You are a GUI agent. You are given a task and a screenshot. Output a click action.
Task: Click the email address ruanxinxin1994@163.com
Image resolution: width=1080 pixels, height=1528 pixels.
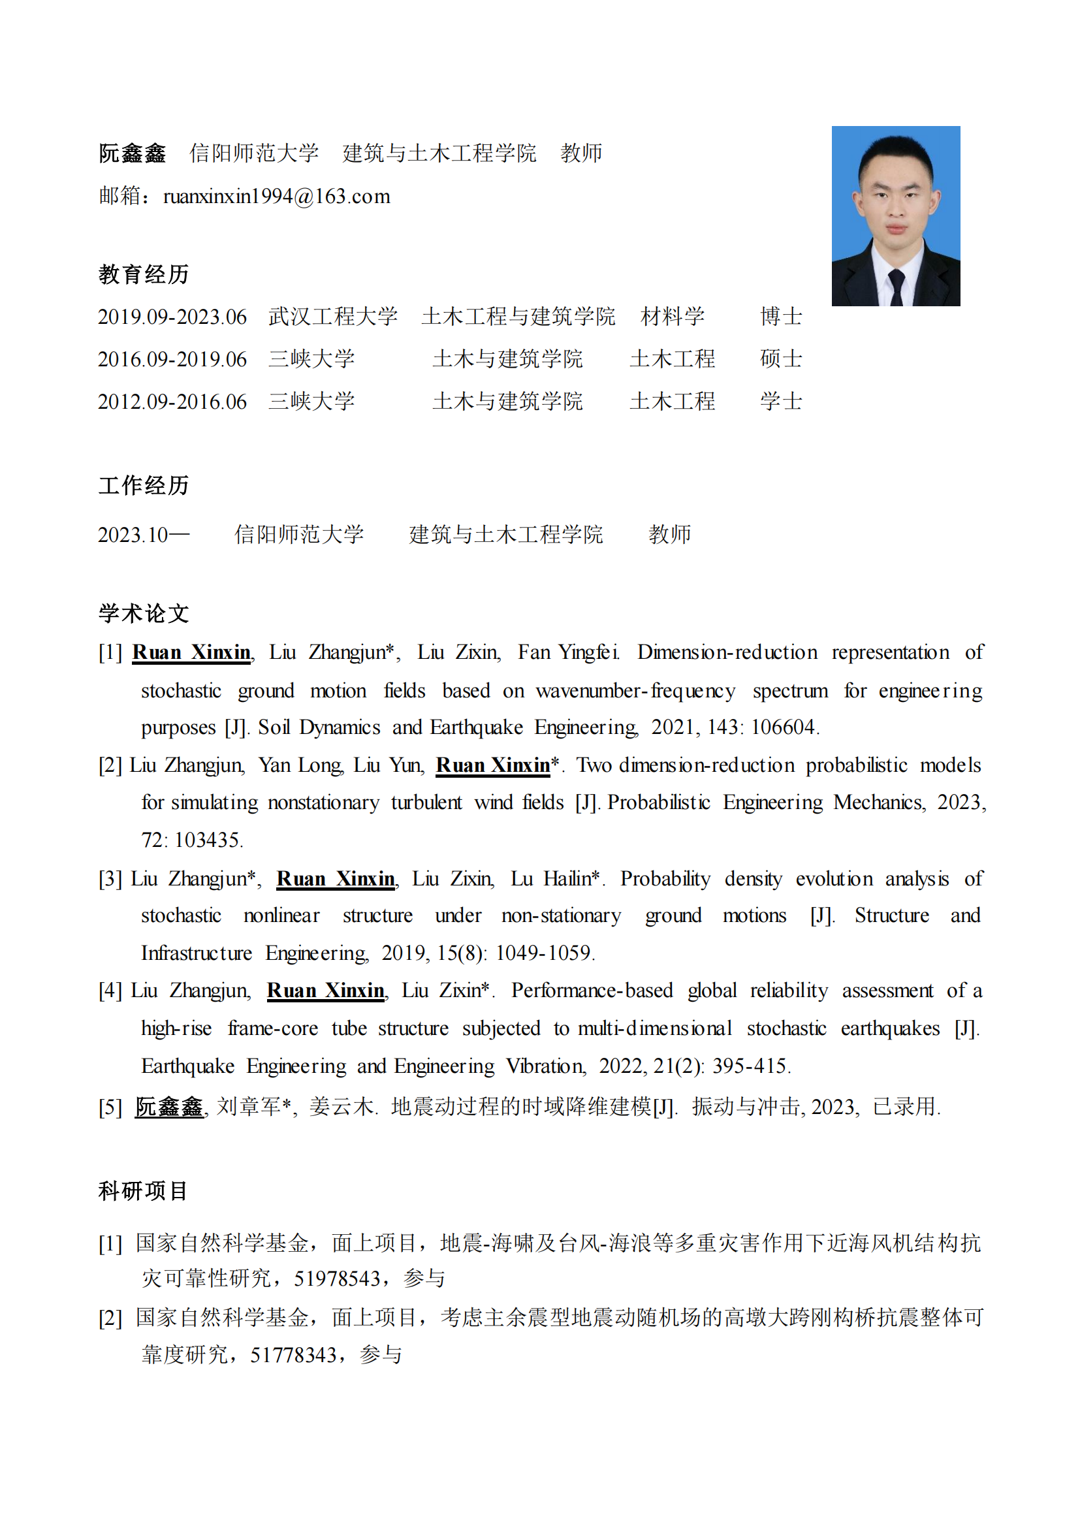point(276,197)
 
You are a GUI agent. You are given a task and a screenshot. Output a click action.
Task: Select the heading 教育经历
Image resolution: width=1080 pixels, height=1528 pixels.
point(144,274)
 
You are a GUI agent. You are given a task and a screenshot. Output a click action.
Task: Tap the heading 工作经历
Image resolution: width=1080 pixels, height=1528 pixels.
point(144,485)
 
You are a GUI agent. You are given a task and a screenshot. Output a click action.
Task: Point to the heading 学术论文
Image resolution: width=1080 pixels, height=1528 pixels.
point(144,613)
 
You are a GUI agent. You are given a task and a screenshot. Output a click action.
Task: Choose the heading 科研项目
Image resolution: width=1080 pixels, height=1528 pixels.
point(143,1190)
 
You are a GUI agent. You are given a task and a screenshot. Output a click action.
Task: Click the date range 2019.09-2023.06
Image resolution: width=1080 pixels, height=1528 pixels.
point(172,317)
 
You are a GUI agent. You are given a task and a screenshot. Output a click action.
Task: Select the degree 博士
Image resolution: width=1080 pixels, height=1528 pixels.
point(781,317)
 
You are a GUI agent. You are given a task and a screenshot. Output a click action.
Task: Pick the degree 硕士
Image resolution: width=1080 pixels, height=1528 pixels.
point(781,359)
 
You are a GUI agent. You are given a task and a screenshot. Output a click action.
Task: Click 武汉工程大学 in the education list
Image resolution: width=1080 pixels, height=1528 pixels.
point(333,317)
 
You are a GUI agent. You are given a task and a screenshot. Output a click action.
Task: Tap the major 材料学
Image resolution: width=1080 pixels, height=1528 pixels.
point(672,317)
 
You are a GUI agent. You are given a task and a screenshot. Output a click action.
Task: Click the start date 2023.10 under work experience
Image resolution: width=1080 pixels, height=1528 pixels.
point(133,534)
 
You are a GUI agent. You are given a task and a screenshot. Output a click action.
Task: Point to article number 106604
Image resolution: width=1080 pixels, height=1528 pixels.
point(783,727)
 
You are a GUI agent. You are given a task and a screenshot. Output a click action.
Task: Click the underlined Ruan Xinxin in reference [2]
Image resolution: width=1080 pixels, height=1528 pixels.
point(493,765)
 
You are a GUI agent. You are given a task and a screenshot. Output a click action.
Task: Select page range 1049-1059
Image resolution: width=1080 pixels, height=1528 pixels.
point(544,953)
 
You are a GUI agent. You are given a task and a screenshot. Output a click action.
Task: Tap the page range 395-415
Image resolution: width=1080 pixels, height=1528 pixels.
point(750,1066)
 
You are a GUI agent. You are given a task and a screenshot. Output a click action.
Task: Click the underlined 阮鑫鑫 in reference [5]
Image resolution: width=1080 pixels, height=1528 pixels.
point(169,1107)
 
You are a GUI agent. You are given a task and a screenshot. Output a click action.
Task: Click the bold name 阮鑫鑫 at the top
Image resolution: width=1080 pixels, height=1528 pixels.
point(133,153)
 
